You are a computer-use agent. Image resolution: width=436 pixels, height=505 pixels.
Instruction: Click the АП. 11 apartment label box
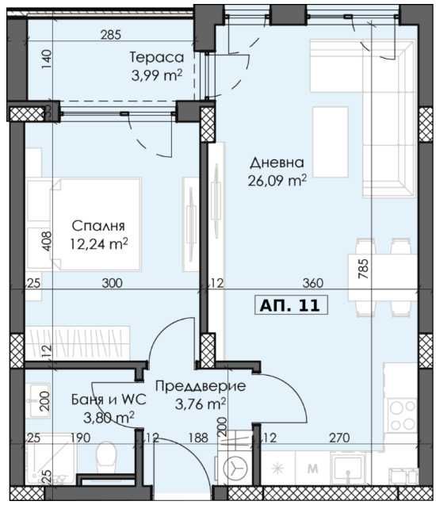click(291, 304)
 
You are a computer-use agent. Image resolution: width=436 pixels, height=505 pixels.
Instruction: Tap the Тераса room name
click(157, 57)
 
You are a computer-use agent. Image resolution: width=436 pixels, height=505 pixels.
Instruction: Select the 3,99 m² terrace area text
click(157, 75)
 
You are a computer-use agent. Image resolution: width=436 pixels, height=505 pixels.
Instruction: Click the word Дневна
click(277, 163)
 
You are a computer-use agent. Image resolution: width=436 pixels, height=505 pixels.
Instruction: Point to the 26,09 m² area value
click(277, 181)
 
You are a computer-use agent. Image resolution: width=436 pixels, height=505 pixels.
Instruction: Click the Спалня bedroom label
click(98, 226)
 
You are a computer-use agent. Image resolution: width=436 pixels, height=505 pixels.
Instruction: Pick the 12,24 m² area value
click(99, 244)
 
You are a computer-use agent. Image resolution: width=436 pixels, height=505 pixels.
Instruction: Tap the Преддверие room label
click(201, 386)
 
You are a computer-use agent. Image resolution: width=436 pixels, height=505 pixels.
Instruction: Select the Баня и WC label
click(109, 400)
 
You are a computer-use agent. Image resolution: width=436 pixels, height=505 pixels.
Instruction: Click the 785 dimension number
click(362, 269)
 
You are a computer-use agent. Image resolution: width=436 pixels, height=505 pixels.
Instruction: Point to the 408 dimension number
click(46, 241)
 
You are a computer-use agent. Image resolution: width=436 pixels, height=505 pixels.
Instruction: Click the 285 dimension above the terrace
click(111, 35)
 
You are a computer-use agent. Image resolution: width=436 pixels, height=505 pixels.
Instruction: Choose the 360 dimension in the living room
click(313, 283)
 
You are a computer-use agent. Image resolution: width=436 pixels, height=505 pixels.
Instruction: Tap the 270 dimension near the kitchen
click(340, 438)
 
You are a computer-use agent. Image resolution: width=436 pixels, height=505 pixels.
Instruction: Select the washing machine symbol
click(235, 467)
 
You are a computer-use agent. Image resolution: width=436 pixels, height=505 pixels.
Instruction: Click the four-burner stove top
click(402, 415)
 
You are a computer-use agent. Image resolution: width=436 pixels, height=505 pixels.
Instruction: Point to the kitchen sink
click(348, 467)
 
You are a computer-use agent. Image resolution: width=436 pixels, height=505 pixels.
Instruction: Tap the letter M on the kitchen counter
click(313, 469)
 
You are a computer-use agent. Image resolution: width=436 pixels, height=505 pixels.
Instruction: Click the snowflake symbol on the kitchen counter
click(277, 469)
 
